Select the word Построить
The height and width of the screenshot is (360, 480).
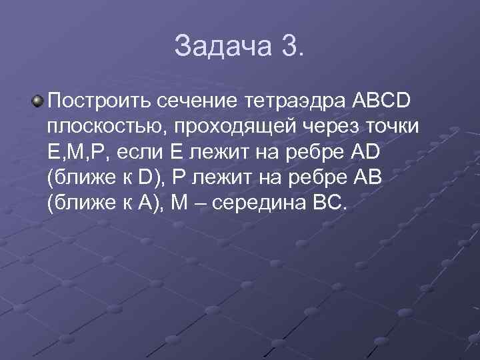click(x=100, y=101)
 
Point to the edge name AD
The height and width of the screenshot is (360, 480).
click(x=363, y=152)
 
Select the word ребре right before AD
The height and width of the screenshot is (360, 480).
click(x=311, y=152)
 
